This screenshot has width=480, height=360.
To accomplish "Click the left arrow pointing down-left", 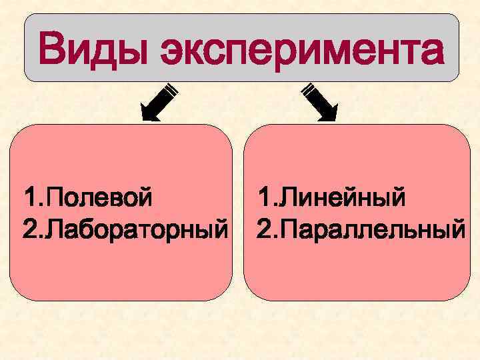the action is [x=157, y=103].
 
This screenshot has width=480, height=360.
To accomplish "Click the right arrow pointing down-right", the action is [x=320, y=103].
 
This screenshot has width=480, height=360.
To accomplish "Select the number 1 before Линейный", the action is [x=264, y=198].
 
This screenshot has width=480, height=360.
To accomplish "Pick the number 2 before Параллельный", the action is [x=265, y=229].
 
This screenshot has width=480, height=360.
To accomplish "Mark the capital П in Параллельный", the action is [x=287, y=229].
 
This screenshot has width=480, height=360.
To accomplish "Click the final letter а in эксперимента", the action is [x=428, y=52].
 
